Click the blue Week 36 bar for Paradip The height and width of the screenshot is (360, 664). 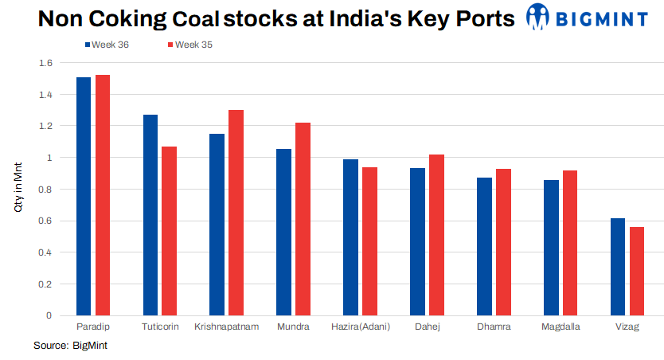(x=84, y=196)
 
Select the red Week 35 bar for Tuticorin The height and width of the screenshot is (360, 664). (x=169, y=231)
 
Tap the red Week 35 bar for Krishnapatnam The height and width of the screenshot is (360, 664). (x=236, y=213)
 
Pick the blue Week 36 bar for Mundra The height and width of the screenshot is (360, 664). (x=283, y=232)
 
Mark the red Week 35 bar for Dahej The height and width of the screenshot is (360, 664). (x=436, y=235)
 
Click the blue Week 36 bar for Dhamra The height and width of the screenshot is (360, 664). (x=484, y=246)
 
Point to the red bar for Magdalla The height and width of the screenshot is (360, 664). (x=570, y=243)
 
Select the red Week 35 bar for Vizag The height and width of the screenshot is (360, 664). (x=636, y=271)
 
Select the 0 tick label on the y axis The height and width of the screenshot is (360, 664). (x=49, y=315)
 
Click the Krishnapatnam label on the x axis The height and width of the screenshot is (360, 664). (x=227, y=327)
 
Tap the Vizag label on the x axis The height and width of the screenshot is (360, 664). (x=627, y=327)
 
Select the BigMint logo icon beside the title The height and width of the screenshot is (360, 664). (x=538, y=17)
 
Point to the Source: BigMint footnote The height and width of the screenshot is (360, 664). (x=70, y=346)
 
